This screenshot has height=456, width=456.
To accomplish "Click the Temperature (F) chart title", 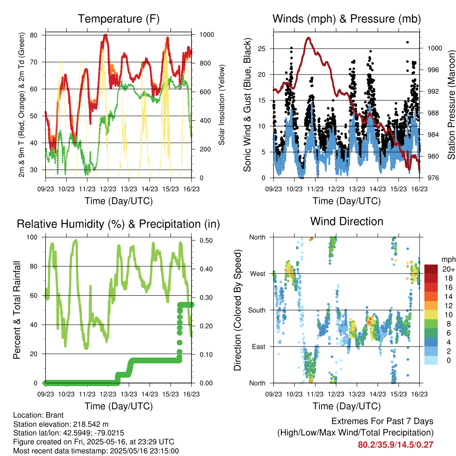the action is coord(118,19).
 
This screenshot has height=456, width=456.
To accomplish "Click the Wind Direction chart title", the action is coord(346,221).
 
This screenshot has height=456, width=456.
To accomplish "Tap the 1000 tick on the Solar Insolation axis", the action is coord(207,35).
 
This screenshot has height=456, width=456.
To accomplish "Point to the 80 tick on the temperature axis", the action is coord(34,35).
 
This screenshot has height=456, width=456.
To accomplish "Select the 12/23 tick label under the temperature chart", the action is coord(108,189).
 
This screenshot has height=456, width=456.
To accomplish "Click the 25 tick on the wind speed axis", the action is coord(261,49).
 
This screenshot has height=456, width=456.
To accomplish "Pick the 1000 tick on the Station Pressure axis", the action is coord(435,48).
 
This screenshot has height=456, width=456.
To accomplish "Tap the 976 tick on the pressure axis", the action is coord(433,178).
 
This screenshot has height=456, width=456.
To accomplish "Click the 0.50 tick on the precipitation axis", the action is coord(206,240).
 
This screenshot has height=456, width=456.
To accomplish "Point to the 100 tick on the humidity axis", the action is coord(32,237).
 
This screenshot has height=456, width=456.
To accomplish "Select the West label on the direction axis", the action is coord(258,274).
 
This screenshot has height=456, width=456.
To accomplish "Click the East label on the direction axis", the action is coord(259,346).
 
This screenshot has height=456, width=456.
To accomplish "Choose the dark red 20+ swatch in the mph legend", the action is coord(431,269).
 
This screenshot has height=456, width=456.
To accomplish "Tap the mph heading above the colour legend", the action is coord(448,260).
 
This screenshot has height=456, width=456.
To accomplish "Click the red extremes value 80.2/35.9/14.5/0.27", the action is coord(395,445).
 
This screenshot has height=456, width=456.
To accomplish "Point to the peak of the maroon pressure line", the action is coord(309,38).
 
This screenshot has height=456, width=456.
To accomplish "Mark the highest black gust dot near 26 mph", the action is coord(407,42).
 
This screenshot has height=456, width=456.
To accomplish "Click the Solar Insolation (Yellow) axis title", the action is coord(222,105).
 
